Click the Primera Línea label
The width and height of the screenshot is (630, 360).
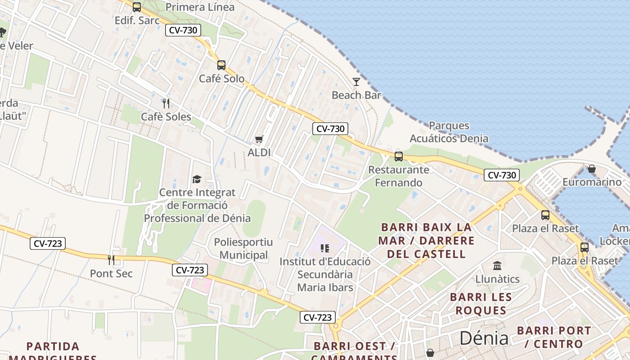click(x=200, y=7)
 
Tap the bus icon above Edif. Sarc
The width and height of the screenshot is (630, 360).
click(x=137, y=7)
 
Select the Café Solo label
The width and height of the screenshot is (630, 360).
click(x=222, y=79)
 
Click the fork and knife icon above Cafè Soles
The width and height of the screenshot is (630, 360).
click(x=166, y=103)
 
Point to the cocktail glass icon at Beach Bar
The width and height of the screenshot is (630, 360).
click(x=356, y=82)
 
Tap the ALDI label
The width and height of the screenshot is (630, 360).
click(x=259, y=153)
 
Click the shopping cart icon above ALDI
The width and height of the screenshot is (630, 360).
click(x=259, y=139)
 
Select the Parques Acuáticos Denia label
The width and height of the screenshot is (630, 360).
click(x=449, y=132)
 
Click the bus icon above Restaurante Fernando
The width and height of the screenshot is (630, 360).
click(x=398, y=157)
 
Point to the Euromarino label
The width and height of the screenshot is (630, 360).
click(x=592, y=182)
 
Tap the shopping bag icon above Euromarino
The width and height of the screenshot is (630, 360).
click(x=592, y=169)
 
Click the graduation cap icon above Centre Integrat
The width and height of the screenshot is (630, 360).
click(x=197, y=180)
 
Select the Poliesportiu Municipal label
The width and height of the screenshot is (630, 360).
click(x=243, y=248)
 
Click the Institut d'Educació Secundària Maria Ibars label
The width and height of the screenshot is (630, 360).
click(x=325, y=274)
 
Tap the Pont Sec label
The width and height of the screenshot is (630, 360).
click(x=111, y=273)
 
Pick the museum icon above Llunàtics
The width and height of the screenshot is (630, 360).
click(x=497, y=265)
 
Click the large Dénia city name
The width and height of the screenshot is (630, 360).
click(x=484, y=338)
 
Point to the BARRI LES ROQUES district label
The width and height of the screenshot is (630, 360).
click(x=481, y=304)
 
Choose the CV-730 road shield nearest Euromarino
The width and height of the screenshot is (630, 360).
click(x=502, y=175)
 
